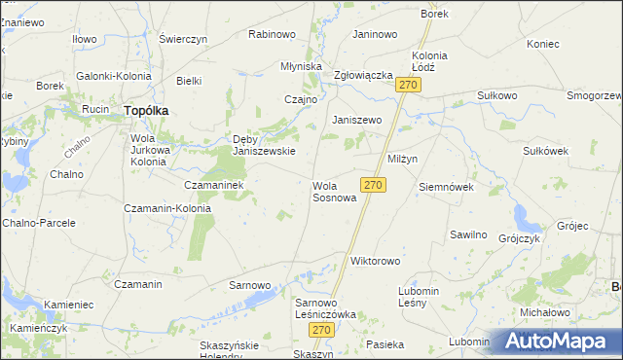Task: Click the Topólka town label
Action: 146,111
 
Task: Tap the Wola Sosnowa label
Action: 334,191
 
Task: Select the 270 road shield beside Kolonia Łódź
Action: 409,87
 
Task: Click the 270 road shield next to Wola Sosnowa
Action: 373,184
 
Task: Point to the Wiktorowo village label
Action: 376,261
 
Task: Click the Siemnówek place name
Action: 445,186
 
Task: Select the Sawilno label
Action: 468,234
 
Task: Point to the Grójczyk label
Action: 518,237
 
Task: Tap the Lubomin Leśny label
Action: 420,297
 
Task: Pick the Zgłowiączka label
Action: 362,75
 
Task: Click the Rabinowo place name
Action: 272,34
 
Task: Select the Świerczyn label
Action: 183,39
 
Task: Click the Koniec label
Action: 543,44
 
